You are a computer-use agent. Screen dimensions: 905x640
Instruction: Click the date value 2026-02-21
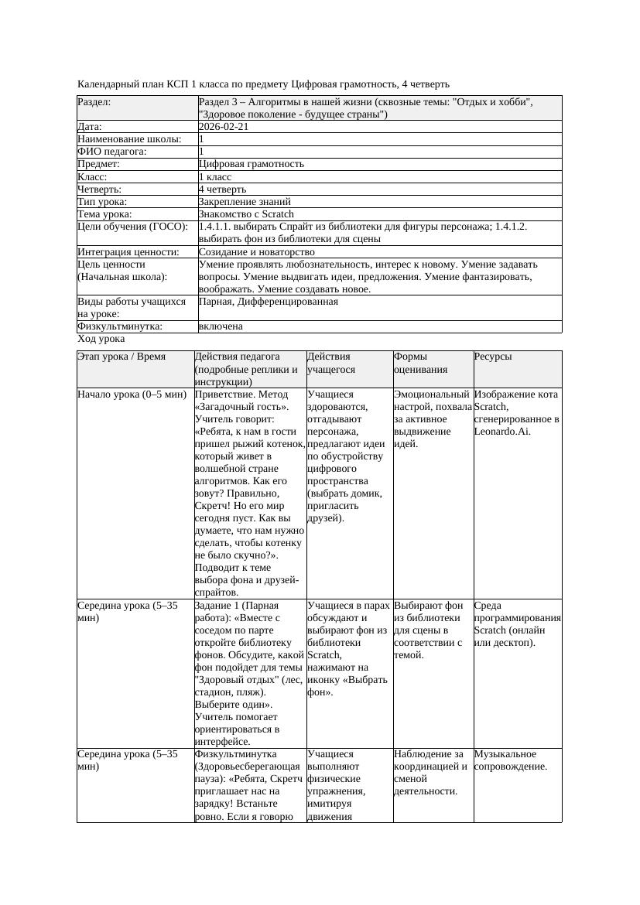224,127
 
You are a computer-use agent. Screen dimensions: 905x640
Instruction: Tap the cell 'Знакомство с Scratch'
246,213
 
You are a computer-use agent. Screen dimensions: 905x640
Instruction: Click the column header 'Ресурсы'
492,357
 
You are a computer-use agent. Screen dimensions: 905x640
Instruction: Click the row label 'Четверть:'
100,189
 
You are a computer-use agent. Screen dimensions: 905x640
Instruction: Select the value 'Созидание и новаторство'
256,252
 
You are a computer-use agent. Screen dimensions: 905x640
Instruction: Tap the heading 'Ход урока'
101,339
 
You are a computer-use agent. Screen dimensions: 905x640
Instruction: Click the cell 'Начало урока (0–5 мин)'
132,394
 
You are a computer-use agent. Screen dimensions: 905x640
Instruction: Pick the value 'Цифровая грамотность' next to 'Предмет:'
252,164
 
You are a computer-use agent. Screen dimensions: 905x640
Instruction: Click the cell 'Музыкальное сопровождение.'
511,760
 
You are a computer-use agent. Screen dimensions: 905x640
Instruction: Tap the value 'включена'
221,326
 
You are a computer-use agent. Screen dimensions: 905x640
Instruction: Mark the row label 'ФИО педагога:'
112,152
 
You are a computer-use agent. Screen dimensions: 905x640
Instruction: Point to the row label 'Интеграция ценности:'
128,252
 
